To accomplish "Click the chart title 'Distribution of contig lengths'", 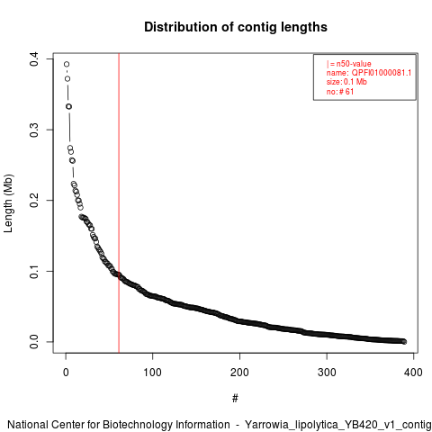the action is (236, 27).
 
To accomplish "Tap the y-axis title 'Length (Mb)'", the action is (8, 203).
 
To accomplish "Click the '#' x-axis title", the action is (235, 398).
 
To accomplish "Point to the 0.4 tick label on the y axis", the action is (34, 58).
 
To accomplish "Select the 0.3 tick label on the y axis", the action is (34, 130).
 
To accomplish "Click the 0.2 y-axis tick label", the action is (34, 200).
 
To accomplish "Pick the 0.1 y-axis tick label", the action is (34, 271).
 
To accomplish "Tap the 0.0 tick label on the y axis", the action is (34, 342).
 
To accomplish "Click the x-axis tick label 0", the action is (66, 373).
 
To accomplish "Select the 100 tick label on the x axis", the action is (152, 373).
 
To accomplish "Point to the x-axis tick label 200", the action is (239, 373).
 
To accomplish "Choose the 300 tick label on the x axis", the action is (327, 373).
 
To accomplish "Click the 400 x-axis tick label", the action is (413, 373).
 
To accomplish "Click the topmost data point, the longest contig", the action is (67, 64).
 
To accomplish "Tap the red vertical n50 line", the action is (119, 202).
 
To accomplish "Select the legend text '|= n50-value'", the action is (349, 64).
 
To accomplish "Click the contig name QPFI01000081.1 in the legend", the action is (382, 73).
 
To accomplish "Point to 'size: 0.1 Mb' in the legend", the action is (346, 82).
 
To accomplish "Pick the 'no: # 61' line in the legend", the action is (340, 92).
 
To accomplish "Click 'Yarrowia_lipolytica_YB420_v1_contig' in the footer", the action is (337, 425).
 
